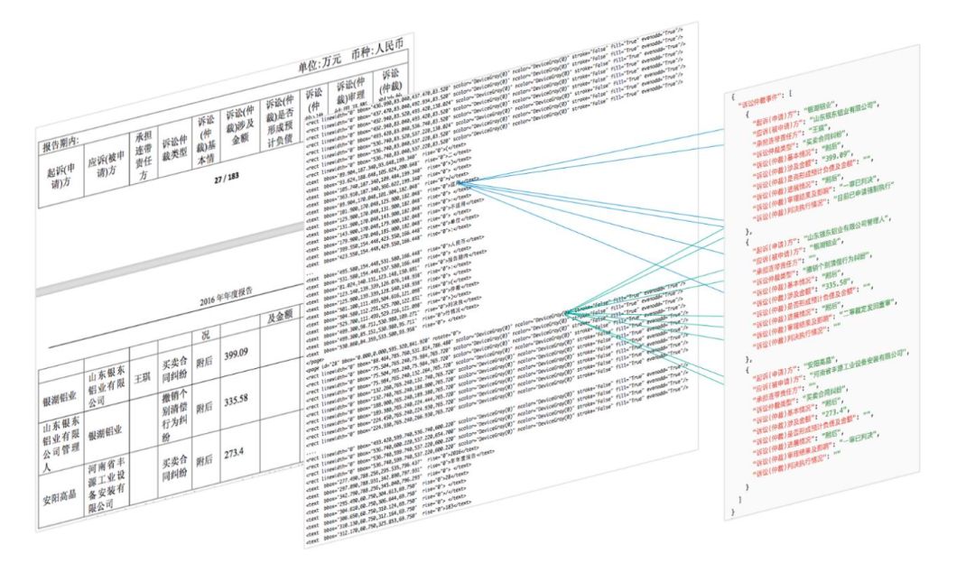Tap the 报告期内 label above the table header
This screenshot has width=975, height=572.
[62, 143]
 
